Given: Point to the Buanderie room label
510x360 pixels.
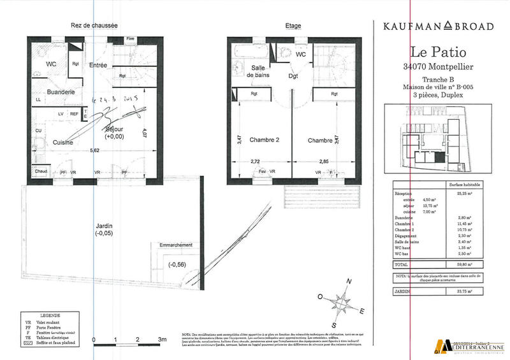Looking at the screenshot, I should (61, 92).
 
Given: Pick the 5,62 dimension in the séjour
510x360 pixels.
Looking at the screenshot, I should (95, 150).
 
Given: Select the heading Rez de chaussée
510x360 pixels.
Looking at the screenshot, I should (94, 26).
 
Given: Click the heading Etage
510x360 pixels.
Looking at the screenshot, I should (293, 26).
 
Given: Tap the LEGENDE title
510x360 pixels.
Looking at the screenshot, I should (50, 315).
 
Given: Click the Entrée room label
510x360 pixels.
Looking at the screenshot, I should (98, 65).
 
